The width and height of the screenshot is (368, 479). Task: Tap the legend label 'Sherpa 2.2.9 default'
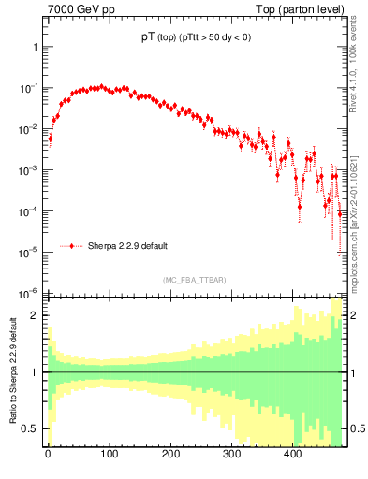point(127,246)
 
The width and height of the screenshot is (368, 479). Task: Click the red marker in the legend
point(72,246)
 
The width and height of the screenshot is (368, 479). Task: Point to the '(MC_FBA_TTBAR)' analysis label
point(194,280)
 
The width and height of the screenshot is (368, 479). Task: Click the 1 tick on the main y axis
point(34,47)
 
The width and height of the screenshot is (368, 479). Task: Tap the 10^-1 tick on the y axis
point(28,88)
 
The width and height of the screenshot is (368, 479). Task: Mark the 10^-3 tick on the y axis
point(28,169)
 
